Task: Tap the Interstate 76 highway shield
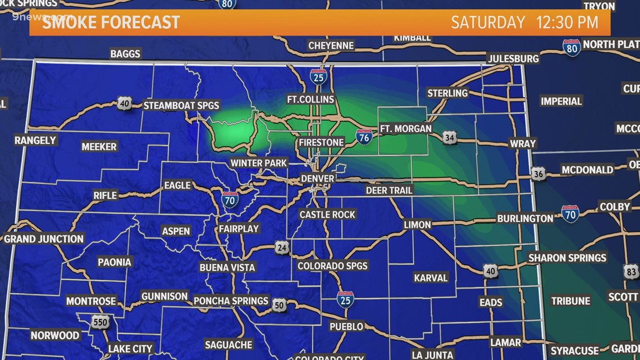click(x=364, y=136)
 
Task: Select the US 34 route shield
click(x=449, y=137)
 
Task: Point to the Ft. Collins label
click(x=310, y=99)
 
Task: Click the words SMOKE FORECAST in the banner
click(x=111, y=22)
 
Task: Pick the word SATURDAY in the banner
click(x=488, y=22)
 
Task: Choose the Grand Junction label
click(x=44, y=239)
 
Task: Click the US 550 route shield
click(x=100, y=322)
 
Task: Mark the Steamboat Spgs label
click(x=181, y=105)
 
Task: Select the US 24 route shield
click(x=282, y=247)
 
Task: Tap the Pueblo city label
click(x=346, y=326)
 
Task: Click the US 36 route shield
click(x=538, y=174)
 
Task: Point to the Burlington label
click(x=525, y=218)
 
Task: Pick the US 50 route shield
click(x=280, y=306)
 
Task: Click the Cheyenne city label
click(x=331, y=45)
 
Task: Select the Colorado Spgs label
click(x=332, y=266)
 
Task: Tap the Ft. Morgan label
click(x=406, y=129)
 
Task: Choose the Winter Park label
click(x=259, y=163)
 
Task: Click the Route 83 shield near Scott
click(x=630, y=272)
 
